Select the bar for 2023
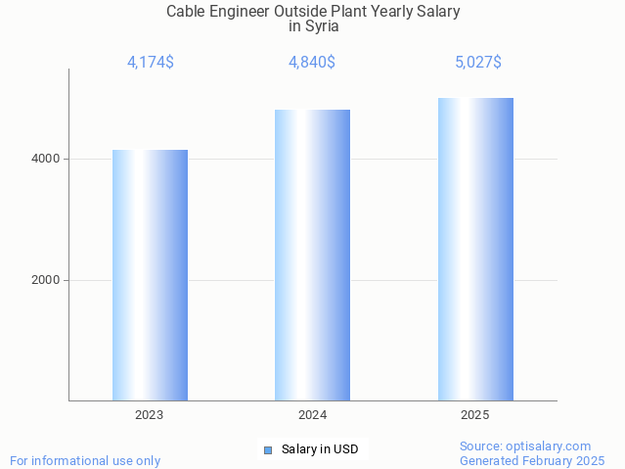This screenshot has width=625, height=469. tap(150, 275)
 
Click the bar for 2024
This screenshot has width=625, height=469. tap(312, 255)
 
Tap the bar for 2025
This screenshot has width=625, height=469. tap(475, 249)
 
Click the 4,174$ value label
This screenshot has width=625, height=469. tap(151, 63)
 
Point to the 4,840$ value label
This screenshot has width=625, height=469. tap(312, 63)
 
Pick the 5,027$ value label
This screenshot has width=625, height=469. tap(477, 63)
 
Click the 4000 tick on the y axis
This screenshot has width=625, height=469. tap(45, 159)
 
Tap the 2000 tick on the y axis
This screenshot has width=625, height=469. tap(45, 280)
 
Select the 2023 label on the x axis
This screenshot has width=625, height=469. tap(150, 415)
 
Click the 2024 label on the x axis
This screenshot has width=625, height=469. tap(312, 415)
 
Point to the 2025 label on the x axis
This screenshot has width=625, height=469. tap(475, 415)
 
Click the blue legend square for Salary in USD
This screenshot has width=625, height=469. tap(267, 450)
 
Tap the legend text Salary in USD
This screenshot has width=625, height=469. tap(320, 449)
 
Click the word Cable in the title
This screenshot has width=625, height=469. tap(186, 12)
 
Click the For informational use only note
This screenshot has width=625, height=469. tap(85, 460)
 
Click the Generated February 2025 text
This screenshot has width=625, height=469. tap(531, 460)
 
